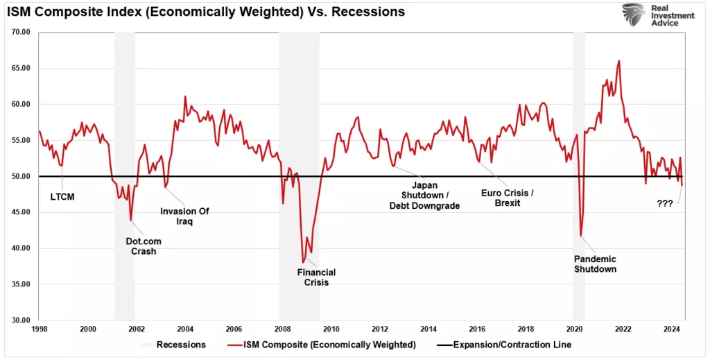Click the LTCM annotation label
point(62,196)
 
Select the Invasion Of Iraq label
point(184,216)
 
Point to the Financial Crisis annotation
point(317,277)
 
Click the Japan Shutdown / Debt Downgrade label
point(424,195)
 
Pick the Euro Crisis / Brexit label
point(508,197)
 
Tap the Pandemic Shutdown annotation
point(595,264)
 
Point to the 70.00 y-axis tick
point(21,32)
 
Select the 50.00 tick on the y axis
point(21,176)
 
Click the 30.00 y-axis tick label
point(21,320)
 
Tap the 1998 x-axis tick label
point(39,328)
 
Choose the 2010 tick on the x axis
point(331,328)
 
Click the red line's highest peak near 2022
point(618,61)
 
